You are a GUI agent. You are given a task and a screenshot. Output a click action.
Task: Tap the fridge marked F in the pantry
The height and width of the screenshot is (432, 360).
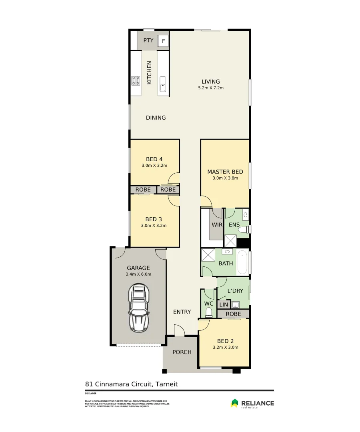[163, 41]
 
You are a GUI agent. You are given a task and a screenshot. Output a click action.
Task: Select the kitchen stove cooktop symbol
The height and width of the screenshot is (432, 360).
[136, 81]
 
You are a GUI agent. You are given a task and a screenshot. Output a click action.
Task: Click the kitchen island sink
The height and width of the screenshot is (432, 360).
[163, 87]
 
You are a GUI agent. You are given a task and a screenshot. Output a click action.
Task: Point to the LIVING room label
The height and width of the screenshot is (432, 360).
[210, 82]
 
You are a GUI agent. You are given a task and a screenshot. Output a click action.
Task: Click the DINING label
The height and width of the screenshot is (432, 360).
[156, 118]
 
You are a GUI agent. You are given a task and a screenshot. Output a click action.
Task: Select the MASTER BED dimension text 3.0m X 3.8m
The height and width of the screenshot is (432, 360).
[225, 178]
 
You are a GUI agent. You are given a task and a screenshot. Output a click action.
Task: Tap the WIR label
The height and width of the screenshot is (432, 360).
[217, 225]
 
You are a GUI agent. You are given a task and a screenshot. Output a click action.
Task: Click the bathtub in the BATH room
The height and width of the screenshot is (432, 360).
[242, 262]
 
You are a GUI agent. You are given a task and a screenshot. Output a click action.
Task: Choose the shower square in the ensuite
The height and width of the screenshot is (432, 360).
[230, 241]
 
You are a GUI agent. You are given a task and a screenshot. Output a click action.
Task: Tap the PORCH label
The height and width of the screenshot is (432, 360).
[182, 352]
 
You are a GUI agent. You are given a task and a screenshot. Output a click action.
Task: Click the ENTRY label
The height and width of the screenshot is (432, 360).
[182, 312]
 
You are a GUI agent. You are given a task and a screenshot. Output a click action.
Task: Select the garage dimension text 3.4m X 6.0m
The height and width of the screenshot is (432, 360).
[138, 274]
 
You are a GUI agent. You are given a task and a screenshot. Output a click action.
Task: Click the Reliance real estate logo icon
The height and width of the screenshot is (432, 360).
[235, 403]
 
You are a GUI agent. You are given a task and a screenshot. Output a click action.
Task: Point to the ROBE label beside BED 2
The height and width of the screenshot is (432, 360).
[233, 314]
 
